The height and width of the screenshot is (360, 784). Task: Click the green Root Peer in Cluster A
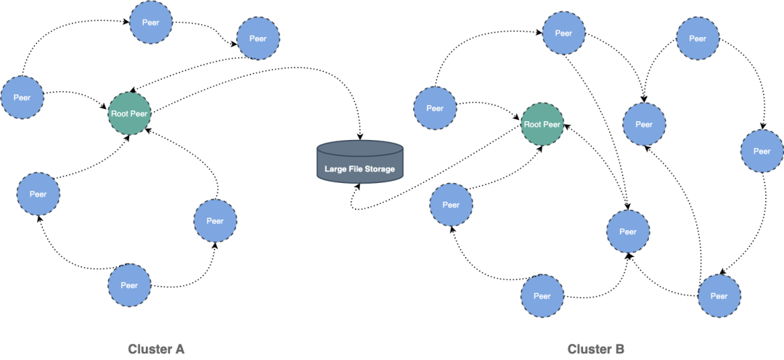(x=129, y=114)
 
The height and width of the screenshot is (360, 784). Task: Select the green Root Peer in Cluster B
(x=542, y=124)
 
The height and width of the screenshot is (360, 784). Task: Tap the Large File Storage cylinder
(x=359, y=161)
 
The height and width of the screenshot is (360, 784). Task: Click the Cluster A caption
(x=156, y=349)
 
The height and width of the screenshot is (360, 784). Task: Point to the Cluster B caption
(x=595, y=349)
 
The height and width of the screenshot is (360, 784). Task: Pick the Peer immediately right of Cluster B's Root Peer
(x=644, y=124)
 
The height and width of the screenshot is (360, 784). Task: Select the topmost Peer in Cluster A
(x=151, y=22)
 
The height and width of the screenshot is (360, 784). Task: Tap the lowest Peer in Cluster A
(x=129, y=285)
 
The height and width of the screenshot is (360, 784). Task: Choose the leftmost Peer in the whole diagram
(x=22, y=97)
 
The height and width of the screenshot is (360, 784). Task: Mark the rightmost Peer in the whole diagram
(x=761, y=151)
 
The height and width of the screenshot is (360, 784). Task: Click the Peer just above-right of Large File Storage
(x=435, y=108)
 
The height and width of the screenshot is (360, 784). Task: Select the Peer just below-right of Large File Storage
(x=451, y=205)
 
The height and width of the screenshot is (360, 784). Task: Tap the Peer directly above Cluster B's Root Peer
(x=563, y=33)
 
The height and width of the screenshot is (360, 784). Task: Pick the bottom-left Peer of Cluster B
(x=542, y=295)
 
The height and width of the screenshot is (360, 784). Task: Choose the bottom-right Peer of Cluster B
(x=719, y=295)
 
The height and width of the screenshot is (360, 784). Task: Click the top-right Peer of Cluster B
(x=698, y=38)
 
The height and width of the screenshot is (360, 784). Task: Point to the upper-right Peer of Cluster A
(x=258, y=38)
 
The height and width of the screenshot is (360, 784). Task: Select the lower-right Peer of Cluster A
(x=215, y=221)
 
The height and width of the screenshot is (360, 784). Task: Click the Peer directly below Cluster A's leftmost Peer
(x=38, y=194)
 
